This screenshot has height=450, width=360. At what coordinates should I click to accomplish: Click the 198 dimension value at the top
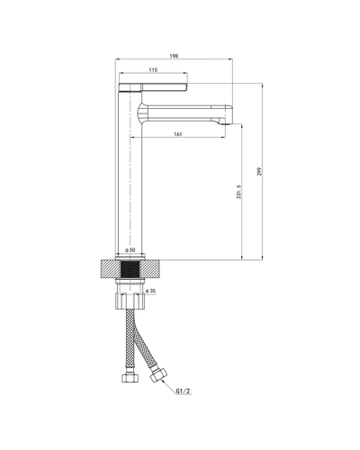point(174,56)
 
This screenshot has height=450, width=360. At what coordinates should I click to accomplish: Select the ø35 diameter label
point(151,292)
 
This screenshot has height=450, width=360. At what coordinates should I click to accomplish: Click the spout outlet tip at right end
point(226,115)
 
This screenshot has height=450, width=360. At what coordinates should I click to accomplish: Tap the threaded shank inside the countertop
point(130,268)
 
